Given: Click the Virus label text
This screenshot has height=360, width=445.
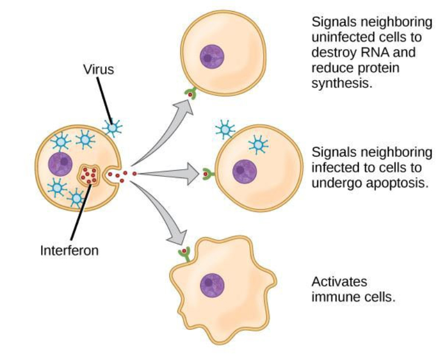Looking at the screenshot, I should [x=99, y=70].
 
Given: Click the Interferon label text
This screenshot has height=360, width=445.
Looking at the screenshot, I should [x=69, y=250].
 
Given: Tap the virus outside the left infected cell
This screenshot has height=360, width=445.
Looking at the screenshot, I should [x=113, y=127].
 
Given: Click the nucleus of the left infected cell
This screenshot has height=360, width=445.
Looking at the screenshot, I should [x=61, y=164].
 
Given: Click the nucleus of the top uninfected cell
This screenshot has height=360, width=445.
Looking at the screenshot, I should [x=211, y=56].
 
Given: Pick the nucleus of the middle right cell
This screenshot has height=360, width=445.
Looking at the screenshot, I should [x=243, y=171].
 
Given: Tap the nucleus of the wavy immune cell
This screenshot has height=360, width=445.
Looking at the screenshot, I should [x=212, y=285].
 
